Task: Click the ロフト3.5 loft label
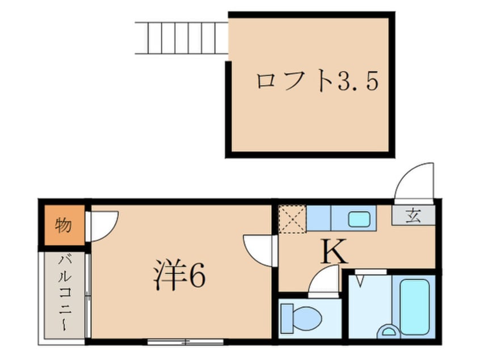316,83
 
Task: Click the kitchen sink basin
359,219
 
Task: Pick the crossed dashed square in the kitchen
292,219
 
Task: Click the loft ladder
182,39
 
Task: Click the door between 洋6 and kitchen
258,249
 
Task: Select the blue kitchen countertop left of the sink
319,219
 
